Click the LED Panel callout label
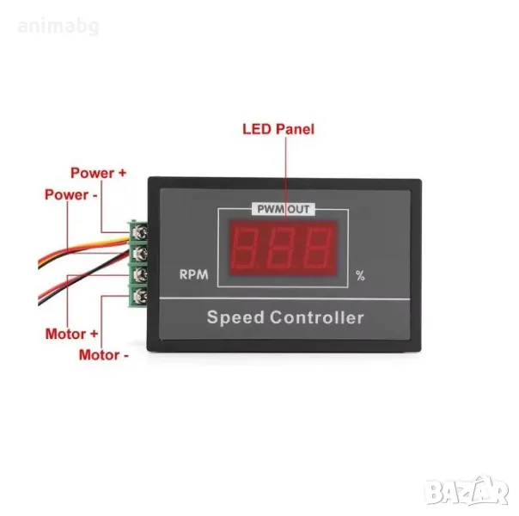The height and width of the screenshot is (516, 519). (278, 129)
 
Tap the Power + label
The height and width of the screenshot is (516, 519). (99, 173)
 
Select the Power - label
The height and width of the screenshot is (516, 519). (71, 194)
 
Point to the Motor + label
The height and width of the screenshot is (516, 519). (72, 334)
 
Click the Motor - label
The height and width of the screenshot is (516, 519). (104, 355)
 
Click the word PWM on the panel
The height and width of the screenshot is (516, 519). (271, 209)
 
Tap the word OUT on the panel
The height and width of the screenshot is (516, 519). (298, 209)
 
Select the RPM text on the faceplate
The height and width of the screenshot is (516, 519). (193, 274)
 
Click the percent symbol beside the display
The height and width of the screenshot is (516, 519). (360, 275)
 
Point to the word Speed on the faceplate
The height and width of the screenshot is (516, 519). (235, 317)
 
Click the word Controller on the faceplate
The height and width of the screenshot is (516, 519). (317, 317)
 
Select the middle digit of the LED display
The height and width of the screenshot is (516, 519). (282, 248)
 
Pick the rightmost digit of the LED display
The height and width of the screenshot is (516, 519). (318, 248)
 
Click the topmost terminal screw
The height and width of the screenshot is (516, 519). (141, 232)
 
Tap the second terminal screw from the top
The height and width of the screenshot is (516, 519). (141, 254)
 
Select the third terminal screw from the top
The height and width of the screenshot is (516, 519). (141, 274)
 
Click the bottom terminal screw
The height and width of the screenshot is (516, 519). (141, 296)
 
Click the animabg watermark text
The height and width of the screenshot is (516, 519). (58, 27)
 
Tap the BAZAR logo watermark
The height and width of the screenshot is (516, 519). (467, 491)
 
